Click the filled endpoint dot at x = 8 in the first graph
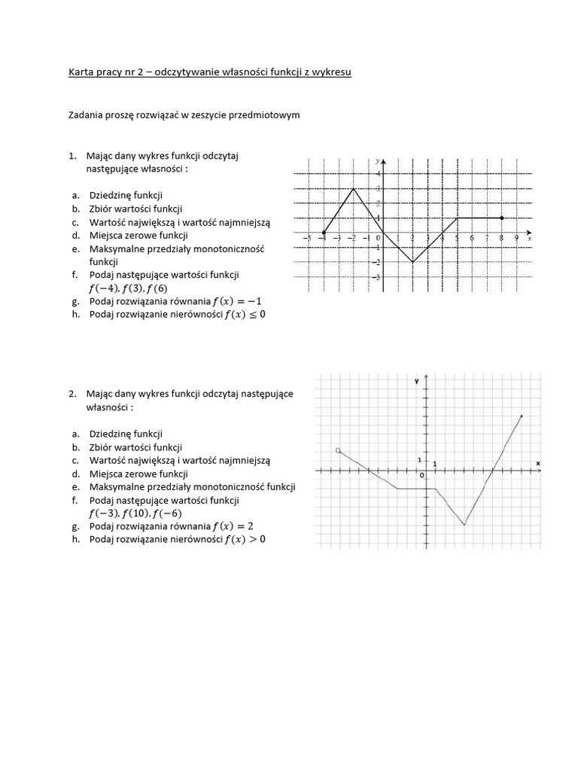pos(501,218)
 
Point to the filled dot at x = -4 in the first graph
pos(324,233)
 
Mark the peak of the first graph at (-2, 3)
pos(354,188)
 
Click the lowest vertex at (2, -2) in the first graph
pos(412,262)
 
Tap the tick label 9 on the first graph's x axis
pos(516,239)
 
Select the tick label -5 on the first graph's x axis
pos(307,239)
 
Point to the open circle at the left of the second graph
pos(338,449)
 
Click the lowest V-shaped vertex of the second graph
pos(464,524)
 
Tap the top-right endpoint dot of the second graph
pos(522,416)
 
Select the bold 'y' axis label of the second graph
pos(416,382)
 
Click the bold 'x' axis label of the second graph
pos(538,462)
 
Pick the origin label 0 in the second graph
pos(421,475)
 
